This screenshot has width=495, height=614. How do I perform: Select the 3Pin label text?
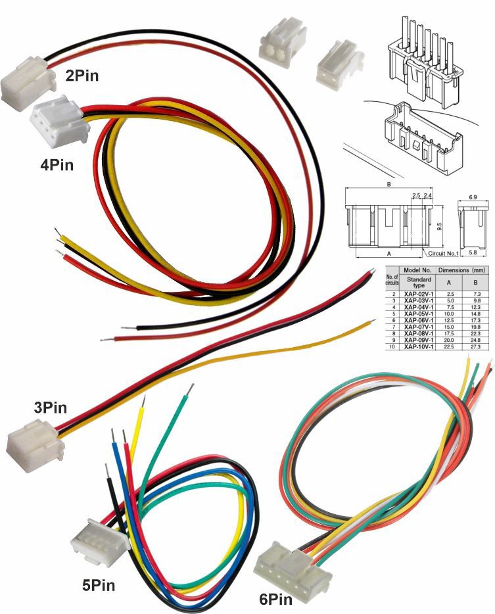click(x=50, y=408)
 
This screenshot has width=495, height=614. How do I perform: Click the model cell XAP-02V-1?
click(x=419, y=294)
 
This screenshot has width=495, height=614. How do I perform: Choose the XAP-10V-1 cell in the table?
click(x=419, y=346)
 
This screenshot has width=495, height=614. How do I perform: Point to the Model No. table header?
click(x=417, y=270)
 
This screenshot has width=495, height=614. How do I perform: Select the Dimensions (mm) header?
click(x=463, y=270)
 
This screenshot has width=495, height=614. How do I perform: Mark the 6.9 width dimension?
click(x=473, y=197)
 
